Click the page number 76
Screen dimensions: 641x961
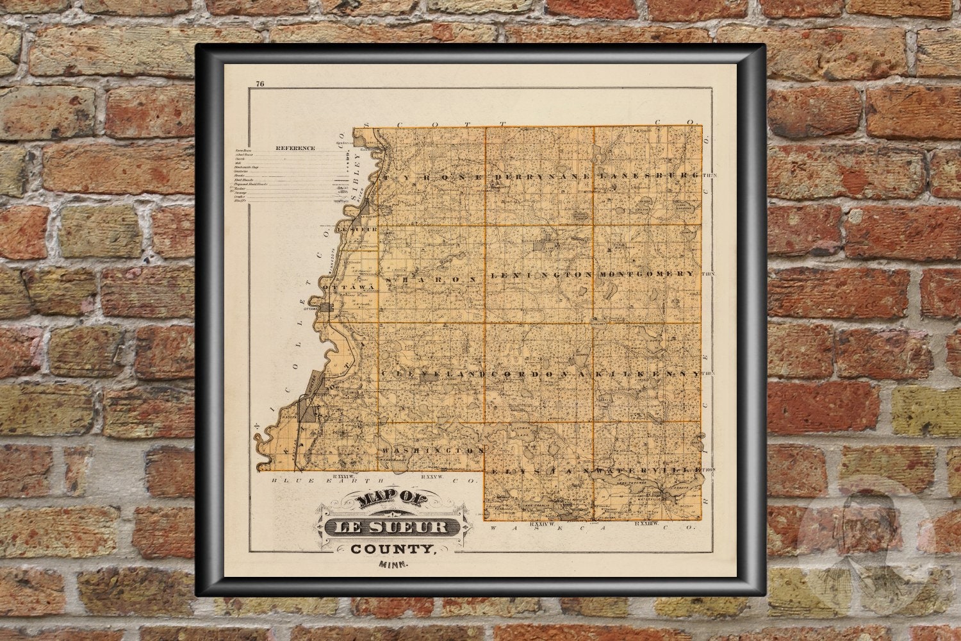[x=259, y=83]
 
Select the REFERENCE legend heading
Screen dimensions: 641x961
[x=295, y=148]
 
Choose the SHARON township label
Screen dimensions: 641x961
[x=431, y=280]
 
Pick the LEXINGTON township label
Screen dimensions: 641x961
[x=542, y=274]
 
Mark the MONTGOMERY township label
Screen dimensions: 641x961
[x=646, y=274]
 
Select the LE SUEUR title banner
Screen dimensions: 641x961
[x=391, y=528]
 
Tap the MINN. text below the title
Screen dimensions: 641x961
[x=394, y=565]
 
